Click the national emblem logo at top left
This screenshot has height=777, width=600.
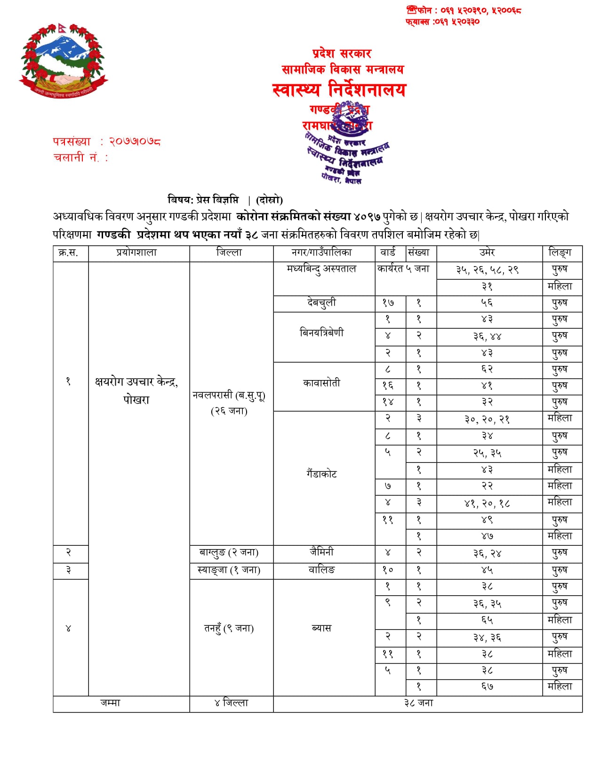point(63,61)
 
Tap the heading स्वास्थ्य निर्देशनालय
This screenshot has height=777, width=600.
point(339,89)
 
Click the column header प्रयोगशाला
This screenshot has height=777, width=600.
point(136,253)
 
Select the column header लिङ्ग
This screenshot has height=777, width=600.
point(560,253)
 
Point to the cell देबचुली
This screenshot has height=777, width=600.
point(322,303)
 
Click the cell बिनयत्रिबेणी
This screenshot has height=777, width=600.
point(322,333)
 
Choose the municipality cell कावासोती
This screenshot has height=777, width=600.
point(322,383)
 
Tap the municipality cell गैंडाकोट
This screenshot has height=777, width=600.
point(322,474)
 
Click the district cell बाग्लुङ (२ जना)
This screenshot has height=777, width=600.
point(229,552)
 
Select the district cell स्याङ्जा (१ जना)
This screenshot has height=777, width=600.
point(229,570)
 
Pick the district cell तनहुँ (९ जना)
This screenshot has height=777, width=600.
point(229,628)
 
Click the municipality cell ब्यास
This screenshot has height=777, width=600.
point(322,628)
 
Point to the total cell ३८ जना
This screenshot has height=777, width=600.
point(419,703)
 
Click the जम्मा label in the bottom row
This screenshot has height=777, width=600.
point(111,703)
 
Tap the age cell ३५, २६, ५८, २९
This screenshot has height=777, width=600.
point(488,270)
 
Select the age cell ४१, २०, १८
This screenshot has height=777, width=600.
point(488,503)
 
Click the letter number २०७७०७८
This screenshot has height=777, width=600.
point(135,141)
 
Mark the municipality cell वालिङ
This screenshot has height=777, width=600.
point(322,570)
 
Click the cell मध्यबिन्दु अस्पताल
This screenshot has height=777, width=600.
point(322,269)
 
